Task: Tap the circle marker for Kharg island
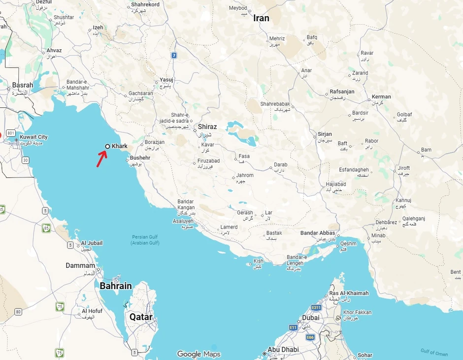tap(107, 146)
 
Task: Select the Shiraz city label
tap(207, 127)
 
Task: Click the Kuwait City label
tap(33, 137)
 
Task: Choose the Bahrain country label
tap(116, 286)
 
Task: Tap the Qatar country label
tap(141, 317)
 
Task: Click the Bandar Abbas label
tap(318, 233)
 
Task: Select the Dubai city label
tap(311, 318)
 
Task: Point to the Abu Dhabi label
tap(283, 350)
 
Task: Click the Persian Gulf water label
tap(145, 240)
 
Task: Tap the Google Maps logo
tap(198, 354)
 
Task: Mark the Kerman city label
tap(382, 97)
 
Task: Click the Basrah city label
tap(23, 85)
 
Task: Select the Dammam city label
tap(80, 265)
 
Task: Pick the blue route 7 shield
tap(174, 56)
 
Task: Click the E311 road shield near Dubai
tap(316, 307)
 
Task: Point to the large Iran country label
tap(261, 18)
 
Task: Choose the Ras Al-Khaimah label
tap(349, 294)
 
